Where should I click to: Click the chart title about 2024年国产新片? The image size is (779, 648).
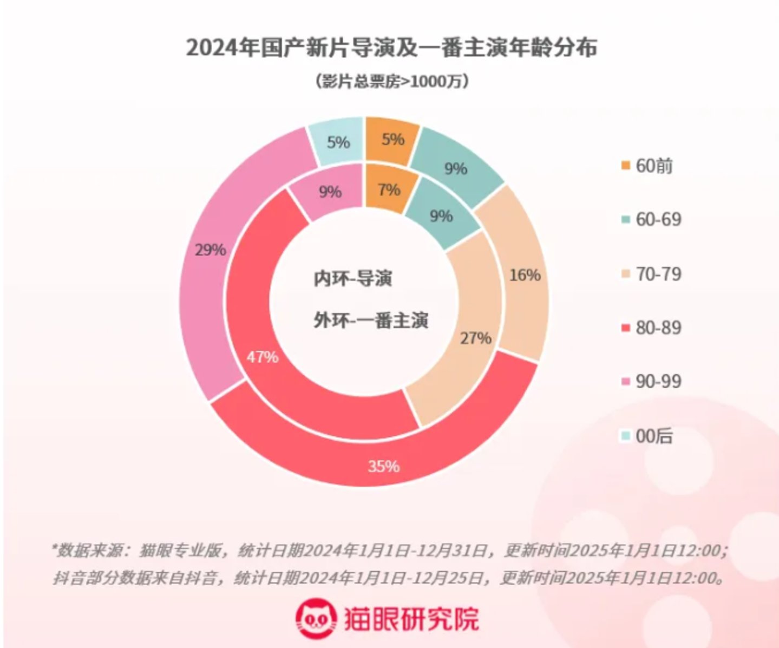tap(391, 47)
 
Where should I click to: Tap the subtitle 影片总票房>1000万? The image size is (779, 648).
tap(391, 81)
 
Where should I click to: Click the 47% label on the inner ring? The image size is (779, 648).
tap(263, 357)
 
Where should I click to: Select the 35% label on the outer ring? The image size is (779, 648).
tap(383, 466)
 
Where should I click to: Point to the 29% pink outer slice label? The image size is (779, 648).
tap(210, 250)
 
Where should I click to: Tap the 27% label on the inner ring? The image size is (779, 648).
tap(476, 338)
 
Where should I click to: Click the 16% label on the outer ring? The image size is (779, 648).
tap(525, 275)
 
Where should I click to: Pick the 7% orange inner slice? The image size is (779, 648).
tap(389, 190)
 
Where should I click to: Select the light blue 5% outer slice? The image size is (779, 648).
tap(338, 142)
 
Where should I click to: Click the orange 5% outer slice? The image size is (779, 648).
tap(392, 140)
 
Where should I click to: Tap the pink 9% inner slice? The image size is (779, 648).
tap(330, 192)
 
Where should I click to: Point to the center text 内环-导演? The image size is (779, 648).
tap(353, 278)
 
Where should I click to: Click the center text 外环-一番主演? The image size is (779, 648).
tap(371, 320)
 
